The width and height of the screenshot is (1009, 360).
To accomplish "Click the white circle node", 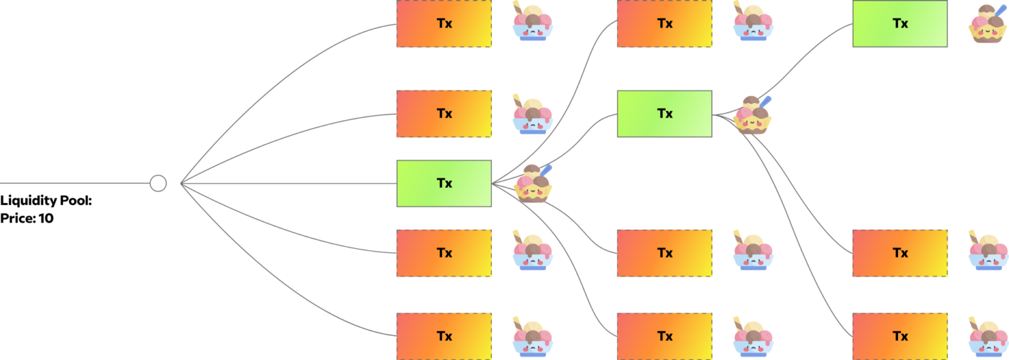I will click(158, 183).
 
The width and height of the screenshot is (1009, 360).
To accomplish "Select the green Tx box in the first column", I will click(444, 183).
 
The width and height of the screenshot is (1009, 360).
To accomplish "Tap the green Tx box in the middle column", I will click(665, 114).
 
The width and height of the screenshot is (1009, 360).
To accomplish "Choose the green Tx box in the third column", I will click(899, 24).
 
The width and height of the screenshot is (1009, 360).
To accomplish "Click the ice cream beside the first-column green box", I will click(533, 183).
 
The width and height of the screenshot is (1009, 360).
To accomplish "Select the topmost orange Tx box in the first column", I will click(444, 24).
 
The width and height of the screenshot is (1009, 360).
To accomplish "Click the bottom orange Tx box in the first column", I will click(444, 336).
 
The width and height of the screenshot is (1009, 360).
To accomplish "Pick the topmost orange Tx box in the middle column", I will click(665, 24).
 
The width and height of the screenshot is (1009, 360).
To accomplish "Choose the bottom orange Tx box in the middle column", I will click(665, 336).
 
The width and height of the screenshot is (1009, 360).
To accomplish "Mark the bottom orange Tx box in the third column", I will click(899, 336).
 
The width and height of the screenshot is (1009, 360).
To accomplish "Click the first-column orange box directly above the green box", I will click(444, 114).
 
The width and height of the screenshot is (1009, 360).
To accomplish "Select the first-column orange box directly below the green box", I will click(444, 253).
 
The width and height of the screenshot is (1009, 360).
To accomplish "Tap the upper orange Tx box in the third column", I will click(899, 253).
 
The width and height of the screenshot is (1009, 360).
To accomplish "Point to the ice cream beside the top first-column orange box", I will click(533, 24).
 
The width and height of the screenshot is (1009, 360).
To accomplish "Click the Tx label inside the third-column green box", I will click(900, 24).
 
